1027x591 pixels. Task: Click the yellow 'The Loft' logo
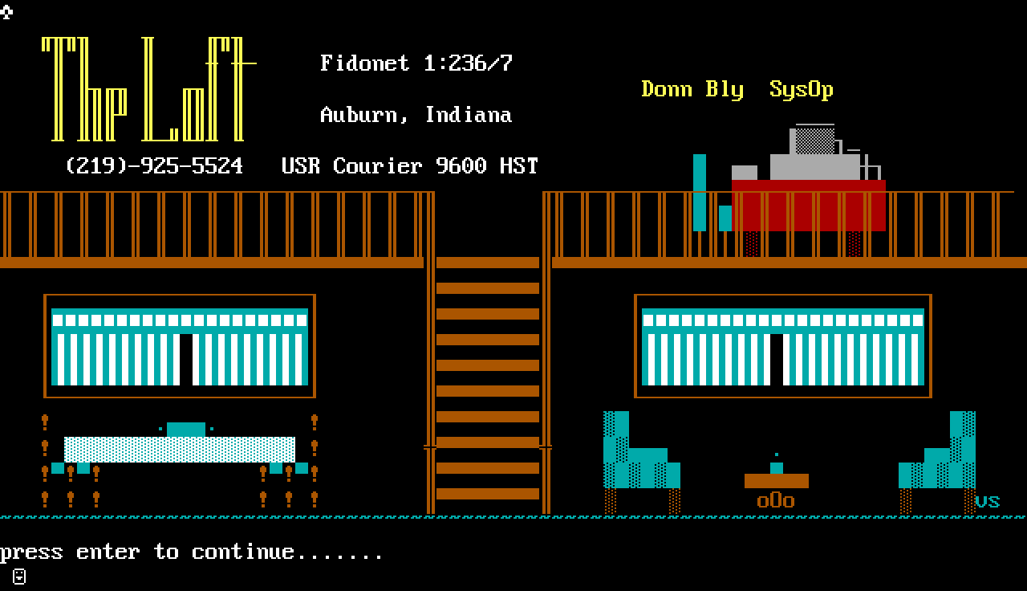pyautogui.click(x=144, y=88)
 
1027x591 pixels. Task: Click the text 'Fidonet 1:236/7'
pyautogui.click(x=416, y=63)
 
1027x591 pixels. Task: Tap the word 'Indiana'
pyautogui.click(x=468, y=115)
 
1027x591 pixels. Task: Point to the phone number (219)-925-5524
pyautogui.click(x=154, y=165)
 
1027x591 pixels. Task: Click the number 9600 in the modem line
pyautogui.click(x=461, y=165)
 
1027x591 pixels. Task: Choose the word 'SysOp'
pyautogui.click(x=801, y=89)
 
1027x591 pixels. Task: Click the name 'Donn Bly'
pyautogui.click(x=692, y=89)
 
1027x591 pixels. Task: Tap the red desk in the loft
pyautogui.click(x=808, y=206)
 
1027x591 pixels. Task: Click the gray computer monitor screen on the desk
pyautogui.click(x=814, y=142)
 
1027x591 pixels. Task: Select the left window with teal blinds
pyautogui.click(x=180, y=346)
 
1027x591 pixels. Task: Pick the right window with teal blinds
pyautogui.click(x=782, y=346)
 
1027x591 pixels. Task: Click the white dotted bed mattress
pyautogui.click(x=180, y=450)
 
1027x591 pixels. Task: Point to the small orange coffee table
pyautogui.click(x=776, y=481)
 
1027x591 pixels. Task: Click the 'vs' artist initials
pyautogui.click(x=987, y=502)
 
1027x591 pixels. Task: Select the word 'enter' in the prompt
pyautogui.click(x=108, y=552)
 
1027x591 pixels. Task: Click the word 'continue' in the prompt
pyautogui.click(x=242, y=552)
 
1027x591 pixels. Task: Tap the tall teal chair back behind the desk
pyautogui.click(x=700, y=193)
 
